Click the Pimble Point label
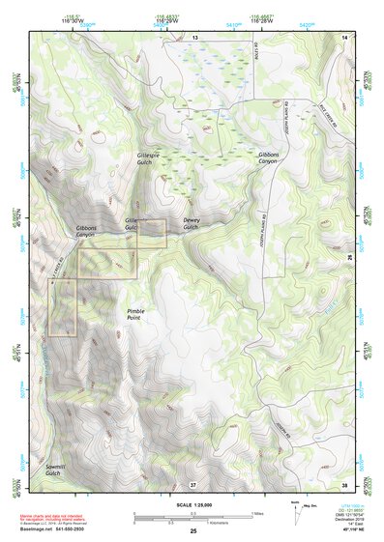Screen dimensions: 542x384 click(136, 314)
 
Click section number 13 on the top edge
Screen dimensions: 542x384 click(193, 36)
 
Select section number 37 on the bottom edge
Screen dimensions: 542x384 click(192, 483)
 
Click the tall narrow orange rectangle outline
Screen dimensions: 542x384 click(64, 307)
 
